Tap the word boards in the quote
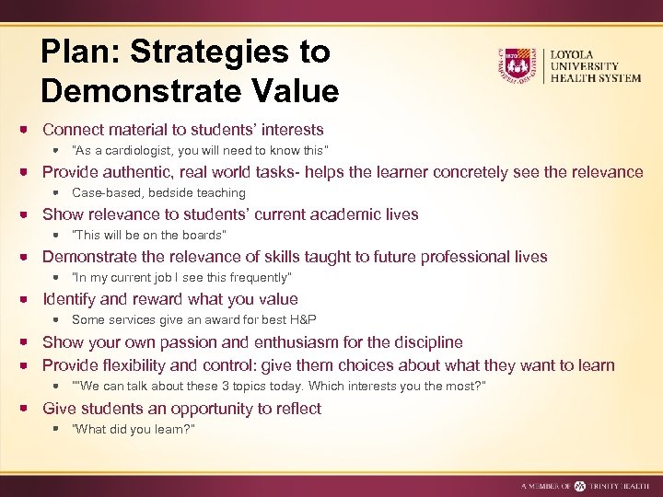pyautogui.click(x=201, y=236)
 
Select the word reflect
pyautogui.click(x=296, y=409)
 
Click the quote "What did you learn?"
pyautogui.click(x=134, y=430)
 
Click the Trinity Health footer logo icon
pyautogui.click(x=579, y=486)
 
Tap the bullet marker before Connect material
pyautogui.click(x=29, y=131)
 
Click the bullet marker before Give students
pyautogui.click(x=29, y=409)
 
